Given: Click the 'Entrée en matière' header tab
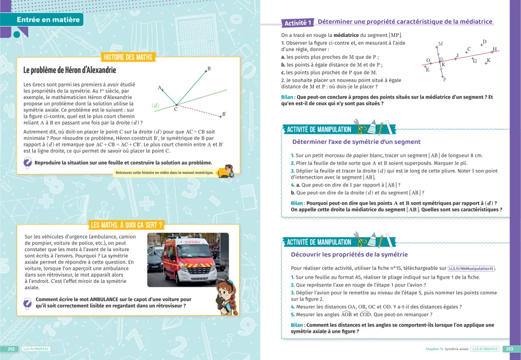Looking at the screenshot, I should pyautogui.click(x=48, y=20).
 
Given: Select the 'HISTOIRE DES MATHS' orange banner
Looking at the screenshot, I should pyautogui.click(x=128, y=57).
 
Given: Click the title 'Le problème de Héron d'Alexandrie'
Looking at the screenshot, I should pyautogui.click(x=70, y=70).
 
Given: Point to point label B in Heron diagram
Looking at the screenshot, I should pyautogui.click(x=209, y=69).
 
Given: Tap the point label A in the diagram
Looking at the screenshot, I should pyautogui.click(x=159, y=88).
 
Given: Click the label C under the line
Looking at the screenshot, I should pyautogui.click(x=176, y=109).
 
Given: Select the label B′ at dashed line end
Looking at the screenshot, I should pyautogui.click(x=224, y=114).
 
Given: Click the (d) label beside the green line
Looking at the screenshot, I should pyautogui.click(x=155, y=106).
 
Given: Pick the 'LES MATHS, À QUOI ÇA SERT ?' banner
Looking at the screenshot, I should pyautogui.click(x=126, y=225).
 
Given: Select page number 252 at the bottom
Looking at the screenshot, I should pyautogui.click(x=11, y=349).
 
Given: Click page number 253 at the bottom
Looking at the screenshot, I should pyautogui.click(x=510, y=349).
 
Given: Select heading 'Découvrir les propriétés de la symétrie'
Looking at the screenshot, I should pyautogui.click(x=349, y=255).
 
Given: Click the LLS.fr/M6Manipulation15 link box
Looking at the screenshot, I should pyautogui.click(x=471, y=268).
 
